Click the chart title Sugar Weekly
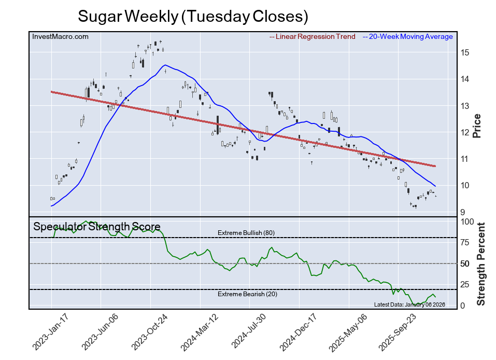click(x=193, y=16)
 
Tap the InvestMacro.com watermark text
click(x=60, y=36)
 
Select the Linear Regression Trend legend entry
click(x=313, y=36)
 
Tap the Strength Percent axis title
click(x=481, y=264)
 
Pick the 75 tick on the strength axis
click(x=466, y=242)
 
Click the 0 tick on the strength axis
click(x=463, y=306)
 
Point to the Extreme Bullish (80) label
click(x=246, y=232)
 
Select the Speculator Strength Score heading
click(x=97, y=227)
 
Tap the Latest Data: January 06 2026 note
click(x=409, y=304)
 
